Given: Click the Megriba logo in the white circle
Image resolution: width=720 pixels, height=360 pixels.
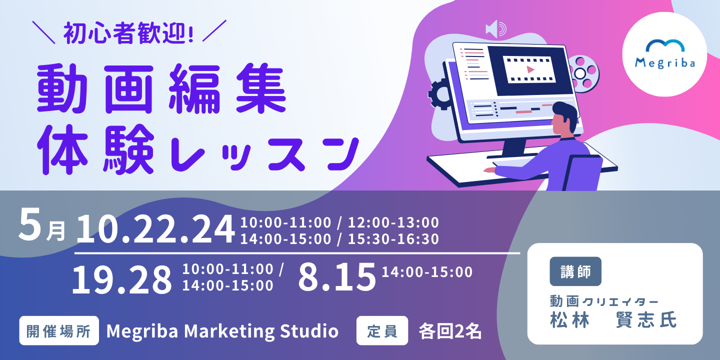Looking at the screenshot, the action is tap(665, 54).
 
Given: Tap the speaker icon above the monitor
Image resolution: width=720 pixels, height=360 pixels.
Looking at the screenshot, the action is tap(496, 29).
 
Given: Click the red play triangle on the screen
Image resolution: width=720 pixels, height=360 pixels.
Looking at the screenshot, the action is tap(530, 69).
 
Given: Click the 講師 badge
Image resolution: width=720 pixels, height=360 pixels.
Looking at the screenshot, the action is tap(575, 271).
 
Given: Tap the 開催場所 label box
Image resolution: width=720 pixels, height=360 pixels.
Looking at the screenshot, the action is tap(59, 331).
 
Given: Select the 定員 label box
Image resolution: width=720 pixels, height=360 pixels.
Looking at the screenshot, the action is tap(382, 331).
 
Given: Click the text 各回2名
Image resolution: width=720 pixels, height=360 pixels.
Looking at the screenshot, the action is tap(450, 331).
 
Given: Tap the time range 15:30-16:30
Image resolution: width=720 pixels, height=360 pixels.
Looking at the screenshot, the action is tap(393, 239).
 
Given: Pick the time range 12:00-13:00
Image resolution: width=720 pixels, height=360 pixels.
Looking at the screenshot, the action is tap(393, 222).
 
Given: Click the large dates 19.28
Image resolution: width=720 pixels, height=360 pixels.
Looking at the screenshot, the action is tap(122, 279).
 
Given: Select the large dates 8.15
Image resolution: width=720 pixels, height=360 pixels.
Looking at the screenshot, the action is tap(337, 277).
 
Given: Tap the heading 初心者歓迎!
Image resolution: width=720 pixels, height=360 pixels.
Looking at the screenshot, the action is tap(128, 33).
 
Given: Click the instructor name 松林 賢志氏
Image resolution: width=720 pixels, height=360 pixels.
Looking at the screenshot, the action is tap(613, 320).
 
